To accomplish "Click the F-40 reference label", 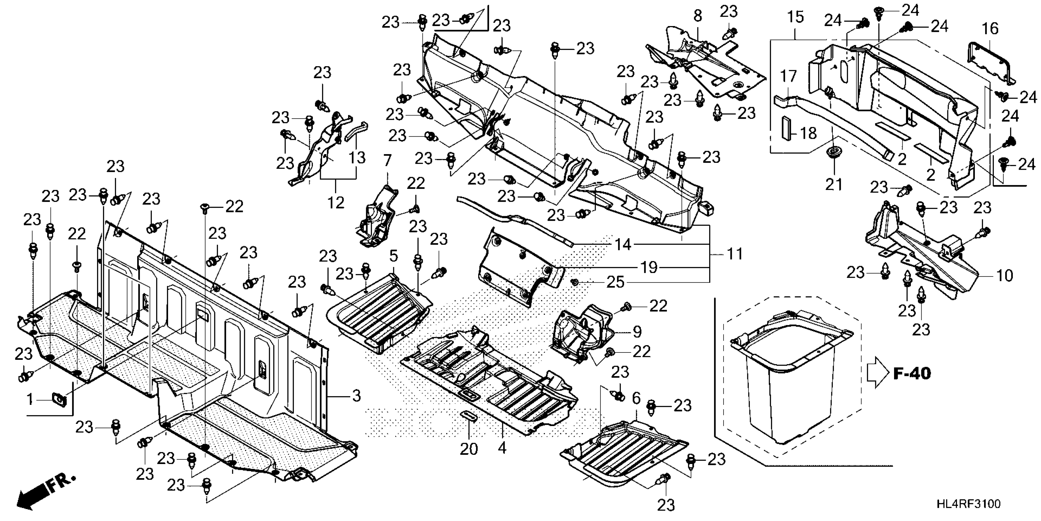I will tap(912, 373).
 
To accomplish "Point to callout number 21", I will tap(833, 184).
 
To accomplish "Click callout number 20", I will tap(469, 449).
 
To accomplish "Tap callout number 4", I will tap(502, 448).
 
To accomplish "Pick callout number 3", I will tap(356, 396).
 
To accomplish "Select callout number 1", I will tap(29, 400).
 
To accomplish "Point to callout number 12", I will tap(335, 202).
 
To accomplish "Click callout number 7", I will tap(388, 161).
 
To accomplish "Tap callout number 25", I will tap(615, 282).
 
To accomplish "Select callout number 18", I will tap(808, 133).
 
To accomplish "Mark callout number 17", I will tap(788, 76).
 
